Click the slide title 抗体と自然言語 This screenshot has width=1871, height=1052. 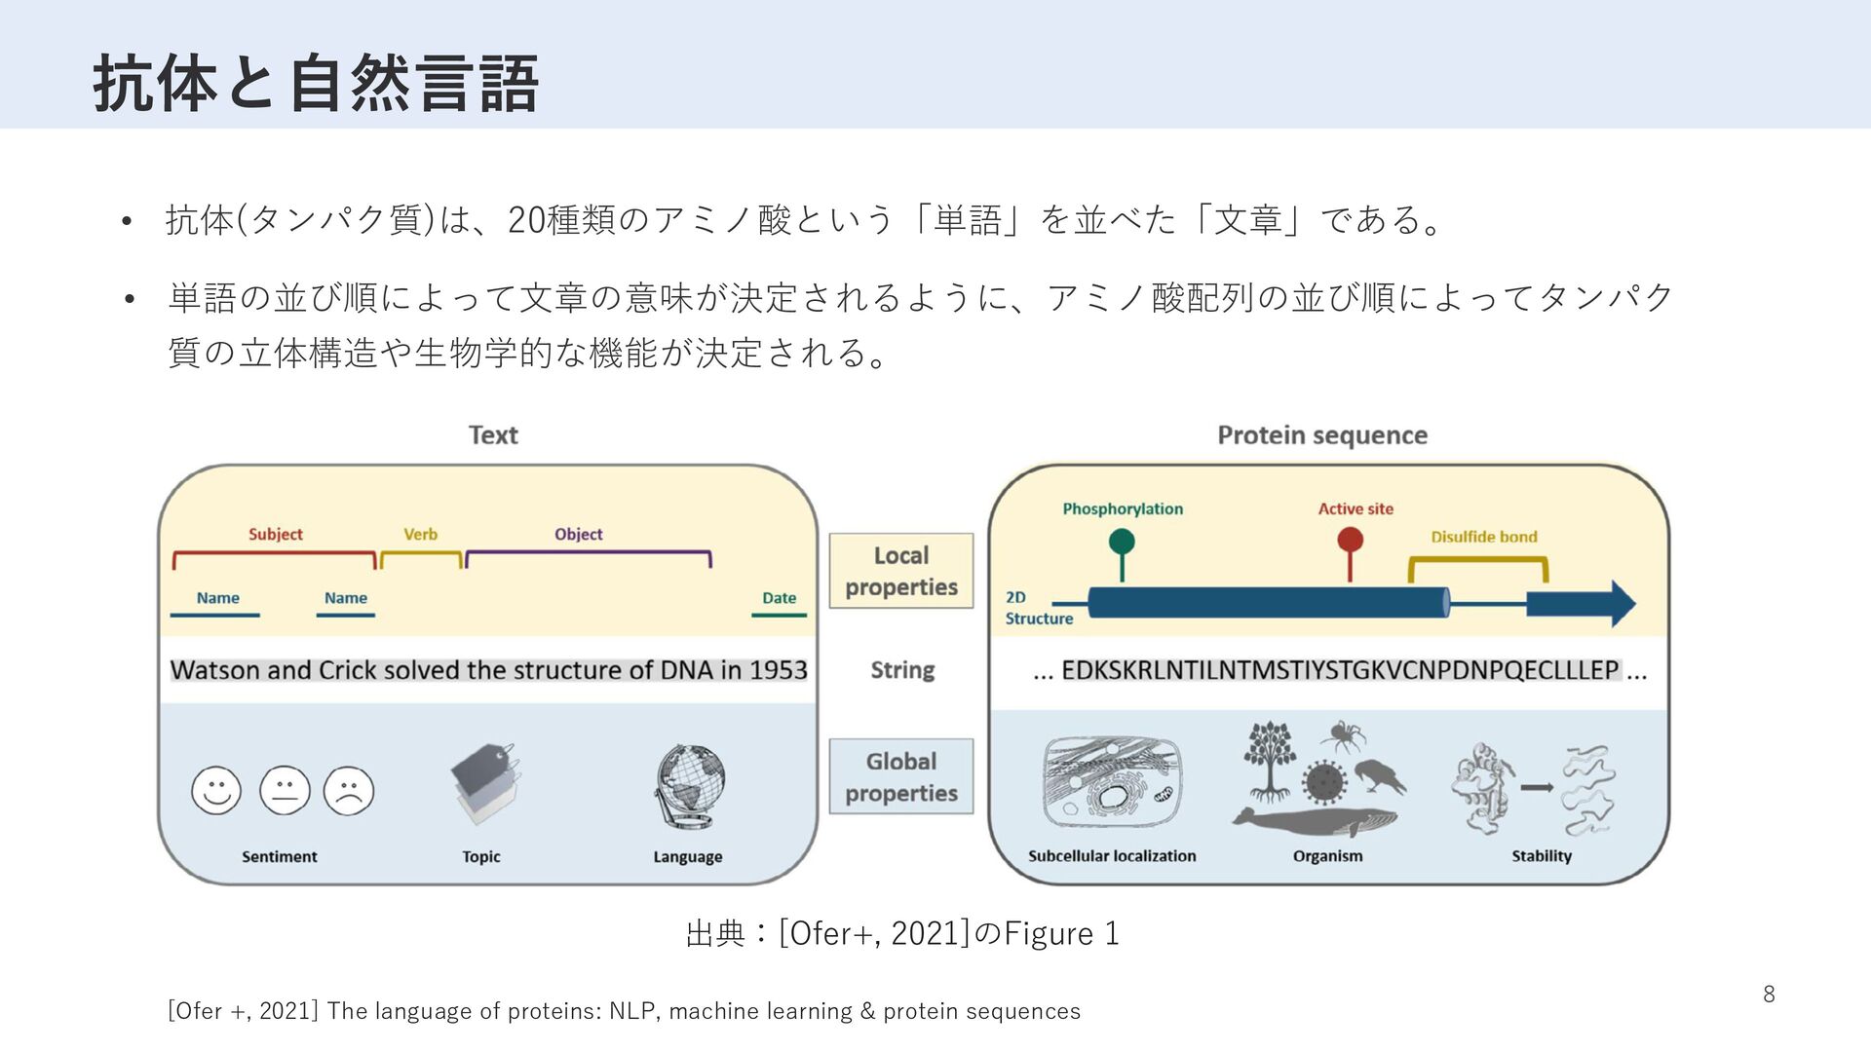(x=316, y=84)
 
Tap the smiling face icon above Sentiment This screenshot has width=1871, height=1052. (x=216, y=790)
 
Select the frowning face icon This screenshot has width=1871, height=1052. (x=348, y=790)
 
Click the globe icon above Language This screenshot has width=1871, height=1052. (x=689, y=789)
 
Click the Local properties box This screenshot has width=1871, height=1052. (x=901, y=571)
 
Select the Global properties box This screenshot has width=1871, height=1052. (x=901, y=776)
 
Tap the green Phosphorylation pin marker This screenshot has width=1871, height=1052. (x=1122, y=543)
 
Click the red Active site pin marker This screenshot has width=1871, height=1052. (x=1350, y=542)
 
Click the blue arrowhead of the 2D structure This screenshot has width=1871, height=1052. (x=1618, y=604)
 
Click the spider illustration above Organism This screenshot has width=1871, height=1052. (x=1343, y=736)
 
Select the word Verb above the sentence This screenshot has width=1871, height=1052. (x=420, y=535)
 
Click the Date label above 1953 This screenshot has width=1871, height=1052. (x=779, y=598)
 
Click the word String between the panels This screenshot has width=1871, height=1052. (x=902, y=670)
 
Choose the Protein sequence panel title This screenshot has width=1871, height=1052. (x=1322, y=435)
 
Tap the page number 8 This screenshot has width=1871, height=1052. (x=1769, y=995)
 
